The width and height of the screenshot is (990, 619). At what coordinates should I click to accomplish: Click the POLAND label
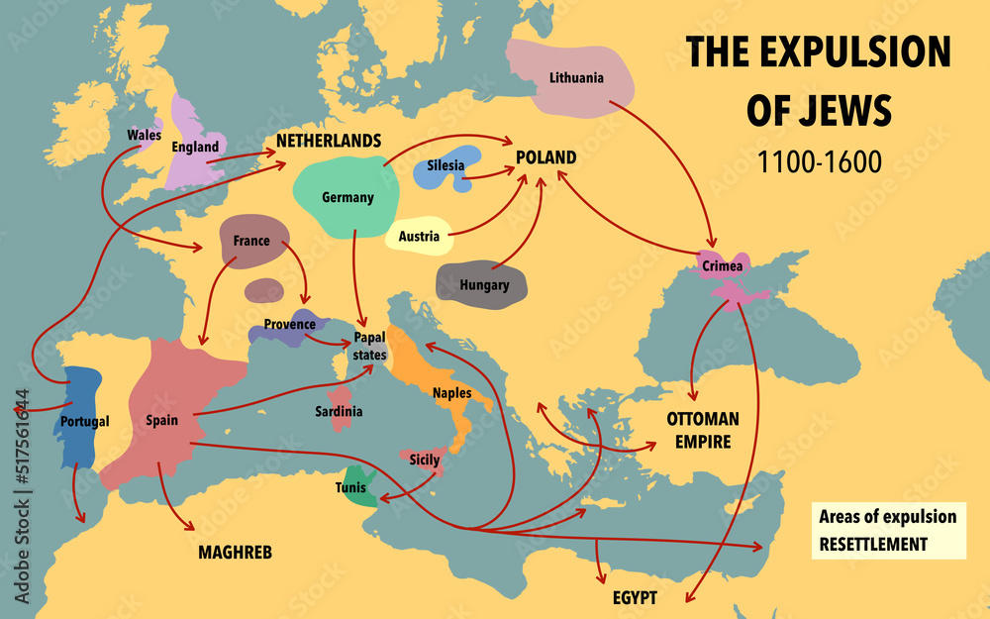pyautogui.click(x=545, y=158)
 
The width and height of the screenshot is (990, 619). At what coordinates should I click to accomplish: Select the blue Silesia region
pyautogui.click(x=447, y=166)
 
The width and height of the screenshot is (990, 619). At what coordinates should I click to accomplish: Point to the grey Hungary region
pyautogui.click(x=483, y=283)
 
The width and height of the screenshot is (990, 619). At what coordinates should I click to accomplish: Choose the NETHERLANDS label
pyautogui.click(x=329, y=141)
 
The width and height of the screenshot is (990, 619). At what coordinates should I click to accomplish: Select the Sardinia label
pyautogui.click(x=339, y=410)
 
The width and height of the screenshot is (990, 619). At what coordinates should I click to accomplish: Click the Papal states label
pyautogui.click(x=369, y=346)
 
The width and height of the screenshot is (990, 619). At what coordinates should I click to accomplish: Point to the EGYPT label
pyautogui.click(x=636, y=598)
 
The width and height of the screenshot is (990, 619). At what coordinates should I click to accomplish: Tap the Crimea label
pyautogui.click(x=721, y=266)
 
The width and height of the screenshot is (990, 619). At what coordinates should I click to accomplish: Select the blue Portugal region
pyautogui.click(x=79, y=416)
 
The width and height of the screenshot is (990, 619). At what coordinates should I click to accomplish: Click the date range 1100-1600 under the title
pyautogui.click(x=819, y=161)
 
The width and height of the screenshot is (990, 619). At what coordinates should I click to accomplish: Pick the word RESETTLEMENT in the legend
pyautogui.click(x=873, y=544)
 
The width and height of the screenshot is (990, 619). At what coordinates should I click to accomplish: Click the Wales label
pyautogui.click(x=145, y=134)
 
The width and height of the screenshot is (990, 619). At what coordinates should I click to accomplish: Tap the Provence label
pyautogui.click(x=289, y=324)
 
